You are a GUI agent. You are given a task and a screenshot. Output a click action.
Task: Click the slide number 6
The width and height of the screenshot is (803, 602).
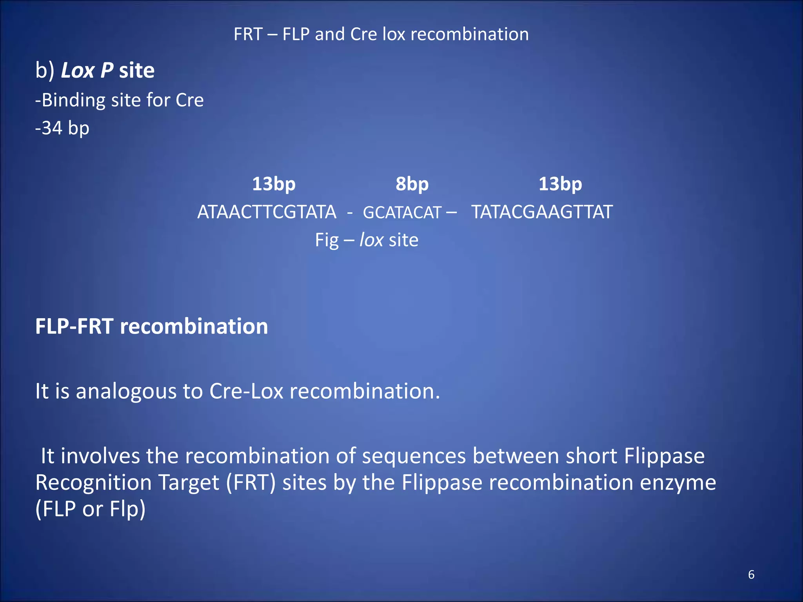751,575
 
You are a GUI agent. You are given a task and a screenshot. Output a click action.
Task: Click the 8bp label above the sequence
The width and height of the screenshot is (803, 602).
412,184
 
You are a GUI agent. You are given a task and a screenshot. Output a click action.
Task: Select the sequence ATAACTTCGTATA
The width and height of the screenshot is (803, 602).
267,212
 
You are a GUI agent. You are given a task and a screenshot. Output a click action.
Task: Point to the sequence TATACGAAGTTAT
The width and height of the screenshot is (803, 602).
542,212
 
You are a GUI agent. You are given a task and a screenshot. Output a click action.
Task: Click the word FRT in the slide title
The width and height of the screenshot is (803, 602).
248,34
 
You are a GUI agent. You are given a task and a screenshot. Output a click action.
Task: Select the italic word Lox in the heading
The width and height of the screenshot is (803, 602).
78,71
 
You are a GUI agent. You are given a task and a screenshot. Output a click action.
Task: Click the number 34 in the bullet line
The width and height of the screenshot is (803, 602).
52,128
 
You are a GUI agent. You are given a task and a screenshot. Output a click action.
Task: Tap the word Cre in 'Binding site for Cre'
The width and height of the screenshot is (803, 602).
189,100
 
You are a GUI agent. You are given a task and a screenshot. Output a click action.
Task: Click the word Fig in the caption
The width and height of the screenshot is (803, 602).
327,240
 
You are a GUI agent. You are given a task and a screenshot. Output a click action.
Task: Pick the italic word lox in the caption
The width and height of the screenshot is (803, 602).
371,240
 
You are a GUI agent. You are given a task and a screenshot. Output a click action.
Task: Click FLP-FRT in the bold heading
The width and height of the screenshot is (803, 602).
74,326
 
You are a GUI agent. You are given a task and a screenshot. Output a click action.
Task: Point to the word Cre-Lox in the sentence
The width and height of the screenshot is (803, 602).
246,391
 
